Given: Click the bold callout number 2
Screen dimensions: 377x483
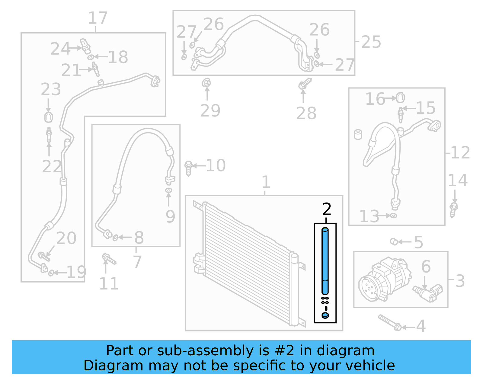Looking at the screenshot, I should coord(327,209).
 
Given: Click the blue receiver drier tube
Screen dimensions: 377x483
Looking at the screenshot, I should coord(325,261).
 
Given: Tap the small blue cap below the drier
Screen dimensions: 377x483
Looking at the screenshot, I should coord(325,315).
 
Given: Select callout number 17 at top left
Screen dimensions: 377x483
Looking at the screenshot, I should coord(98,18).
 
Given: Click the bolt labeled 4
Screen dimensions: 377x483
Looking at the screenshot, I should coord(390,323).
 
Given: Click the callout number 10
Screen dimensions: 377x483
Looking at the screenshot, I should coord(216,165).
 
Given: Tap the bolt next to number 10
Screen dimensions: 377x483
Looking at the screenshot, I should coord(188,168).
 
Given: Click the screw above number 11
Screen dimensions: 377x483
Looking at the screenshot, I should coord(109,259).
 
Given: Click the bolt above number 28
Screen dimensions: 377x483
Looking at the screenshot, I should coord(305,84).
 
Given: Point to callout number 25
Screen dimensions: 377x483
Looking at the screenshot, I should coord(371,42).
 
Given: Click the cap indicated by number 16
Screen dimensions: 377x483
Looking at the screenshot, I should coord(400,97).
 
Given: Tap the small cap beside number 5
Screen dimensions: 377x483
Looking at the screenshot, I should coord(393,241).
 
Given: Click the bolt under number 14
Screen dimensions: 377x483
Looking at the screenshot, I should coord(453,210).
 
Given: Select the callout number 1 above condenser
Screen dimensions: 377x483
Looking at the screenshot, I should coord(265,182).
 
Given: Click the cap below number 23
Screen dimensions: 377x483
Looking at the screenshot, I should coord(49,117).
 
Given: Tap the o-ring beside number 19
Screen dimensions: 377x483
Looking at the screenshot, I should coord(51,273).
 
